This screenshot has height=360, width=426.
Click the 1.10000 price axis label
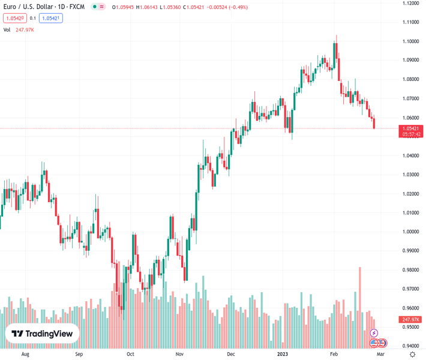tap(411, 41)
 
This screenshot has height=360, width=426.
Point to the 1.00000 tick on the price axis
tap(411, 232)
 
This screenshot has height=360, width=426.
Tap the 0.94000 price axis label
tap(411, 346)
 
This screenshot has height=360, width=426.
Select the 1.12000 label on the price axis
tap(411, 3)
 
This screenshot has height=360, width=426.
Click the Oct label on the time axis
tap(130, 355)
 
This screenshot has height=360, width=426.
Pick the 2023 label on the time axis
tap(283, 355)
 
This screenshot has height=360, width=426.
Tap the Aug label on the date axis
tap(25, 355)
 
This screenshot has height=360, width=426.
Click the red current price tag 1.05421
tap(411, 128)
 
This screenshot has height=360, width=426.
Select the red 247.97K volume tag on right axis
tap(411, 320)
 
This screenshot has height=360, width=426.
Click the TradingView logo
tap(42, 334)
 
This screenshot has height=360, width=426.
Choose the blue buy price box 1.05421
tap(51, 19)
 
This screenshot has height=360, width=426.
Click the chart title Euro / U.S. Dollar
tap(32, 7)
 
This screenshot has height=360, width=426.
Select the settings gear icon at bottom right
tap(412, 355)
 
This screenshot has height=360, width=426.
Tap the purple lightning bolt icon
tap(374, 333)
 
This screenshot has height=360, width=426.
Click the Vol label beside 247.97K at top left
tap(7, 29)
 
